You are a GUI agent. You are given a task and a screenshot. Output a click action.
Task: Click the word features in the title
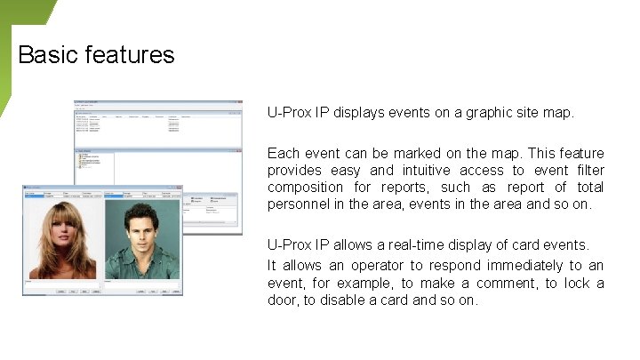click(x=131, y=55)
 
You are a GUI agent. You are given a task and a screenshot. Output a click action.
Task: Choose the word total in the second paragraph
click(x=588, y=187)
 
